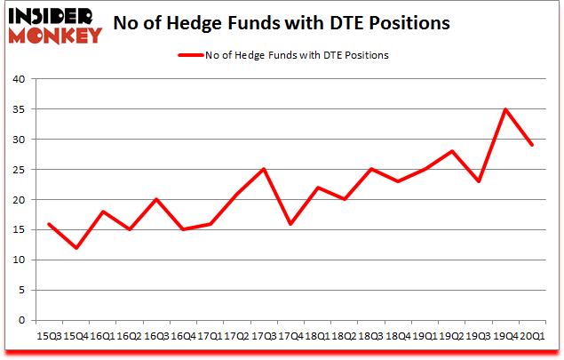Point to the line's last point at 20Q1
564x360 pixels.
pyautogui.click(x=532, y=145)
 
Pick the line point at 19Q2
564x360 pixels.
pyautogui.click(x=452, y=151)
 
